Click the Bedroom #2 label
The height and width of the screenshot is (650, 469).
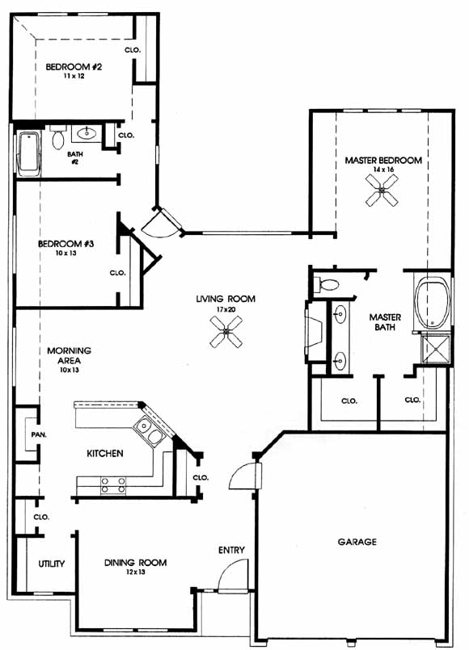click(74, 66)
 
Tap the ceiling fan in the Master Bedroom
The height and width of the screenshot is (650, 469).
click(382, 191)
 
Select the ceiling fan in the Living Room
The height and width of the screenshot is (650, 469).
click(226, 332)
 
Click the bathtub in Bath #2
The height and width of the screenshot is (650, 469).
click(28, 152)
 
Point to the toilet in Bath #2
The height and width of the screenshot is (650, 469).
click(58, 136)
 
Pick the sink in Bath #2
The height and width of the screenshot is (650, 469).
click(87, 133)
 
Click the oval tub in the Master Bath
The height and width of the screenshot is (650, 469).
click(433, 303)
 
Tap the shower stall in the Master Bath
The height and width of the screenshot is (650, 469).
click(435, 350)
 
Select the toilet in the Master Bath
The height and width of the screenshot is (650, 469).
click(326, 285)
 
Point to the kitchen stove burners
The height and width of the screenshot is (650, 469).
click(113, 485)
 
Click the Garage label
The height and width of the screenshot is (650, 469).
click(357, 542)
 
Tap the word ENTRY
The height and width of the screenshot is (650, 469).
click(231, 550)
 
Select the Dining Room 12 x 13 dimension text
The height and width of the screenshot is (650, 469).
click(135, 572)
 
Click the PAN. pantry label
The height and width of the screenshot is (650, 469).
click(39, 435)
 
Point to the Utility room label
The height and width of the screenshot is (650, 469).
click(52, 564)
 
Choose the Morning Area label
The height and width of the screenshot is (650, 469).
click(69, 355)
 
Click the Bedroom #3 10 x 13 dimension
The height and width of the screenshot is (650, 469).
click(66, 253)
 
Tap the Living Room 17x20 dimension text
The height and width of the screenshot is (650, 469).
click(226, 309)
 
